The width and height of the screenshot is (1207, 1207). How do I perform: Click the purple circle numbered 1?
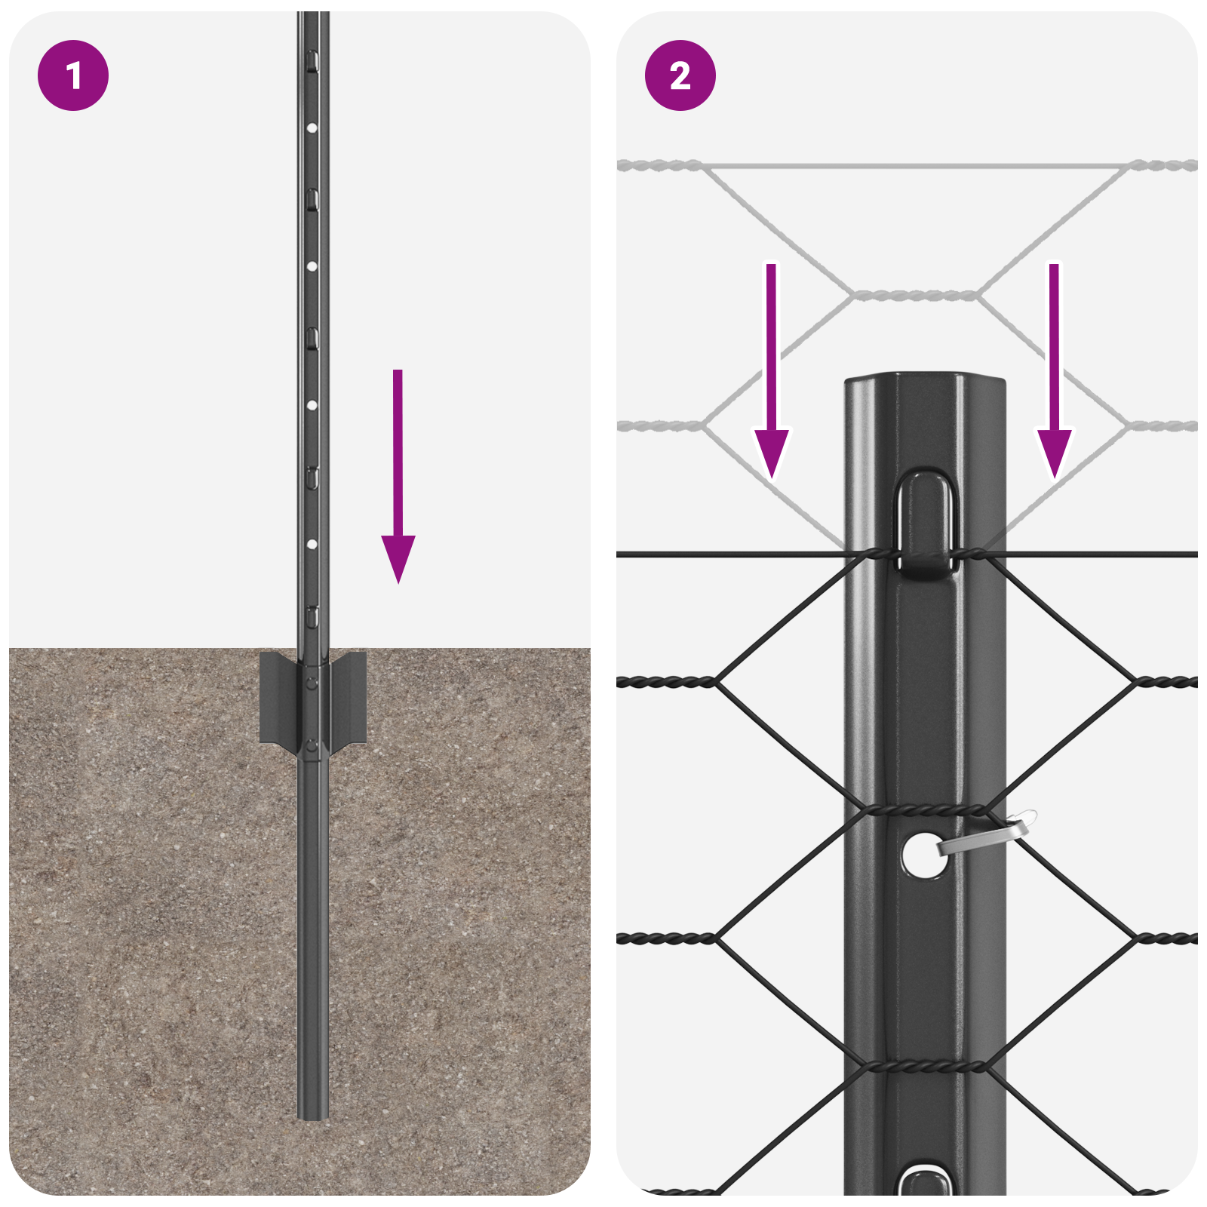point(73,75)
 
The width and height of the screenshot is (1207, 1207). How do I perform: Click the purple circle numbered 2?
point(680,75)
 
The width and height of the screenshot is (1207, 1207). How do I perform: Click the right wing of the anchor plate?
point(349,698)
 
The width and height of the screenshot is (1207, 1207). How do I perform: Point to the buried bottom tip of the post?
point(312,1114)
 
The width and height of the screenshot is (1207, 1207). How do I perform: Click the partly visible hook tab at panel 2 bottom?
point(925,1181)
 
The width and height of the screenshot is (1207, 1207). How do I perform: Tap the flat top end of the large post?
point(925,377)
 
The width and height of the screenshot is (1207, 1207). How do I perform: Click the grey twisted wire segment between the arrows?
point(914,295)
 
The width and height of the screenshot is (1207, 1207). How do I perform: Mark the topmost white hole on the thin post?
point(312,128)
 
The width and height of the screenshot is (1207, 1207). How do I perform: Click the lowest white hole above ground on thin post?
point(312,544)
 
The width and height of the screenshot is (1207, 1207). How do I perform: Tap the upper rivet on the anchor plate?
point(312,683)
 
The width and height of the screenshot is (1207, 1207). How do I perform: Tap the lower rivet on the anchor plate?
point(312,747)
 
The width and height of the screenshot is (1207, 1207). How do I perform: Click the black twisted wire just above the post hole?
point(925,810)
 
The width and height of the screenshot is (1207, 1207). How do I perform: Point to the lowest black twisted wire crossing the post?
point(925,1067)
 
